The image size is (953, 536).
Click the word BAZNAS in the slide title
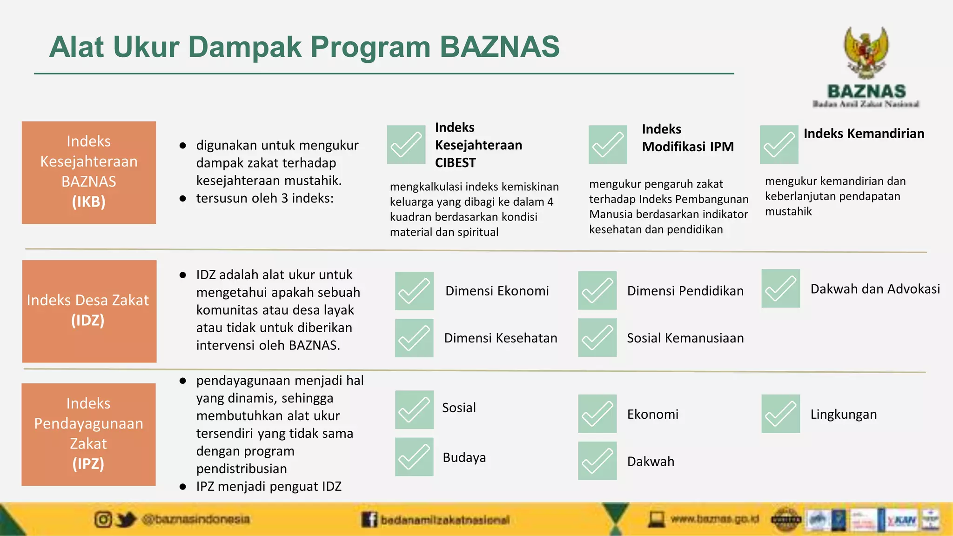[x=499, y=47]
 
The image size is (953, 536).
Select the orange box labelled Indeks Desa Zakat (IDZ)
[x=89, y=311]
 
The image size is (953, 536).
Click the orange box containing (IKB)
[x=89, y=173]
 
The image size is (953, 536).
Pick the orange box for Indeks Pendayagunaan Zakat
[x=88, y=434]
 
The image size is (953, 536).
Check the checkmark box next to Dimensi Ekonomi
[x=414, y=291]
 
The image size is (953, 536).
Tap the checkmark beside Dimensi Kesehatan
[x=414, y=338]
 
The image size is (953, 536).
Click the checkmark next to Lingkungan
[x=780, y=414]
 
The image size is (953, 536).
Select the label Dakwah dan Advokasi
[x=875, y=289]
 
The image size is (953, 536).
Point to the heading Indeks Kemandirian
[x=864, y=134]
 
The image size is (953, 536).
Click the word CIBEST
[x=455, y=163]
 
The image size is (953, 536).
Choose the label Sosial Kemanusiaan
[x=685, y=338]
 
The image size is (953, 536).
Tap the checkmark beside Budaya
[x=414, y=456]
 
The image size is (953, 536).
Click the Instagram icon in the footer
[x=103, y=519]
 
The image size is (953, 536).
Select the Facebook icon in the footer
[x=369, y=519]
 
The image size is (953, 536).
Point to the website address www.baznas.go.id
[x=714, y=518]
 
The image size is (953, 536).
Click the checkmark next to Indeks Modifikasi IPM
[x=607, y=144]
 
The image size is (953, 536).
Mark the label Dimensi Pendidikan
[x=685, y=291]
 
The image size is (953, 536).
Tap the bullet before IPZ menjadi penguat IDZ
[x=183, y=487]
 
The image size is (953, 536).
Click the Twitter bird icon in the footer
[x=125, y=519]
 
